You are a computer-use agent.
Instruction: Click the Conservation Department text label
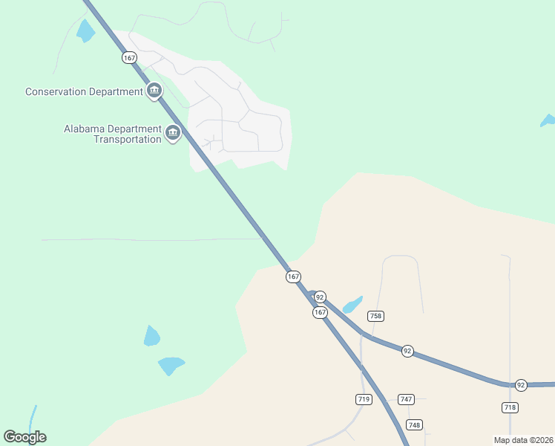[x=84, y=91]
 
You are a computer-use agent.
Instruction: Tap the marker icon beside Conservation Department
[x=154, y=91]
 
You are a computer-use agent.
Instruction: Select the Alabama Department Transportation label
[x=113, y=134]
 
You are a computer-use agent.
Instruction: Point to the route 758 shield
[x=375, y=316]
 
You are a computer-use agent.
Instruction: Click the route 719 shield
[x=363, y=399]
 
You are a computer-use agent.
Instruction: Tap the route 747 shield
[x=406, y=399]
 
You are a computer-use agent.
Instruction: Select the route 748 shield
[x=414, y=424]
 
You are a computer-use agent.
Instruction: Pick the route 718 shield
[x=510, y=407]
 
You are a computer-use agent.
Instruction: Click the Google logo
[x=24, y=437]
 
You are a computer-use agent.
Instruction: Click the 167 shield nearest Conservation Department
[x=130, y=56]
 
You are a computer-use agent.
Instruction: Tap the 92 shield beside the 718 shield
[x=521, y=385]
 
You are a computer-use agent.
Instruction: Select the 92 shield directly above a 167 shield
[x=320, y=297]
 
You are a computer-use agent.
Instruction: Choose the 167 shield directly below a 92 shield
[x=320, y=313]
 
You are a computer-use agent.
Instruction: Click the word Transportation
[x=127, y=139]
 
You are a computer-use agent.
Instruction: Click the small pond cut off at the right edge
[x=548, y=120]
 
